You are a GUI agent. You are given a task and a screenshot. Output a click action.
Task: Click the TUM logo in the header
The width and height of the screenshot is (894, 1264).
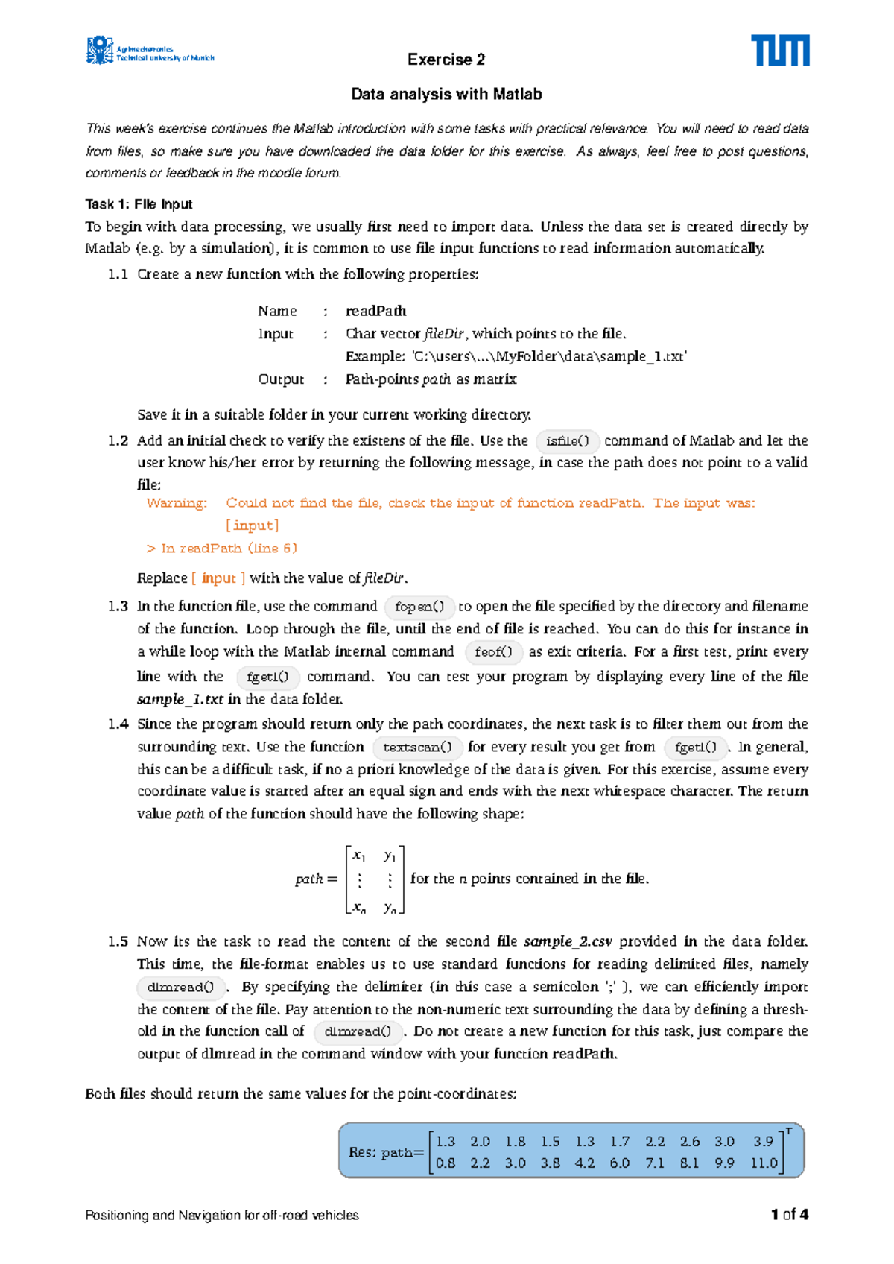(779, 50)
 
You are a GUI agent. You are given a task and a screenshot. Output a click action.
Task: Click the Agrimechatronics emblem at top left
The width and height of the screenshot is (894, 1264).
(100, 50)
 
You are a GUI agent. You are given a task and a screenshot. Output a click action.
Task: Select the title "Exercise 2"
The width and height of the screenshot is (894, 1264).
(446, 60)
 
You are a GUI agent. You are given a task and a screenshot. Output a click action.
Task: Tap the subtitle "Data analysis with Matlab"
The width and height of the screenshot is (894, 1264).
(446, 95)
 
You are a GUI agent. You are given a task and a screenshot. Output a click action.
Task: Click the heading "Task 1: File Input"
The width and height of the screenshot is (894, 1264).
(139, 204)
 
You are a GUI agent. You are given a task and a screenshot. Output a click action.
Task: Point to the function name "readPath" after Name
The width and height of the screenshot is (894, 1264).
(376, 311)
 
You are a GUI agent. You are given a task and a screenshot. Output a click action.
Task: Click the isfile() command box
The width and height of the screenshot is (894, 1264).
(568, 441)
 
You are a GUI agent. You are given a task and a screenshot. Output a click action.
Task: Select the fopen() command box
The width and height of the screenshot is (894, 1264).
(419, 607)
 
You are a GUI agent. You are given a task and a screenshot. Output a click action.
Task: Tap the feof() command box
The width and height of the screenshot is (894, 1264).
(493, 652)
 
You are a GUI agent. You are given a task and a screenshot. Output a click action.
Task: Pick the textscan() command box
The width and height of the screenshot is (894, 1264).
(417, 747)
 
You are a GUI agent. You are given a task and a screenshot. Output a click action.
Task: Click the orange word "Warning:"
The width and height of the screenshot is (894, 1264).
(177, 503)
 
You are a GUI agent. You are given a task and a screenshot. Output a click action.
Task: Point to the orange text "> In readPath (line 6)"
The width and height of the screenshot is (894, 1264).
(222, 549)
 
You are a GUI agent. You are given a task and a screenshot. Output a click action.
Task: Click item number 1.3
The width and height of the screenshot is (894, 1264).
(118, 607)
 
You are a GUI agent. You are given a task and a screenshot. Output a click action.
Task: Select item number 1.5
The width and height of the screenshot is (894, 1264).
(118, 941)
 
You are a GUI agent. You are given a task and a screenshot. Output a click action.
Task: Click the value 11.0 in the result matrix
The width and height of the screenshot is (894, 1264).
(764, 1163)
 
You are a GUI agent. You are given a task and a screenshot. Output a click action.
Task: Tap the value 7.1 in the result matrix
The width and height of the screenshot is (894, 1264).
(655, 1163)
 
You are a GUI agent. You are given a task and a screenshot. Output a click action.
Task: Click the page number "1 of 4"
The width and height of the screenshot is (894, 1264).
(790, 1215)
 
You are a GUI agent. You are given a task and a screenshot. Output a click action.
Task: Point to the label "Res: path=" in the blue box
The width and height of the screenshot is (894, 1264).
(386, 1152)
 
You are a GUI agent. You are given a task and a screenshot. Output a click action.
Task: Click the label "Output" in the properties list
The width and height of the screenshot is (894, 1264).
(281, 379)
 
